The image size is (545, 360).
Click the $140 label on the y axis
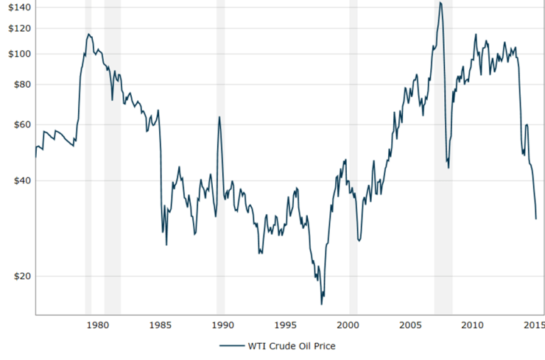coord(15,7)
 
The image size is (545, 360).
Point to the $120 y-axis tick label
coord(15,28)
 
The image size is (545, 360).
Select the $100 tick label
coord(15,54)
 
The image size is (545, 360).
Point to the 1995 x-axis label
coord(286,325)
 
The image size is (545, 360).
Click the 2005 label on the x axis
coord(410,325)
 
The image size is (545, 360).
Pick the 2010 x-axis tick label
coord(472,325)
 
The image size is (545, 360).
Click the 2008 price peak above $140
coord(440,3)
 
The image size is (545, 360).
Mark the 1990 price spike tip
coord(219,117)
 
